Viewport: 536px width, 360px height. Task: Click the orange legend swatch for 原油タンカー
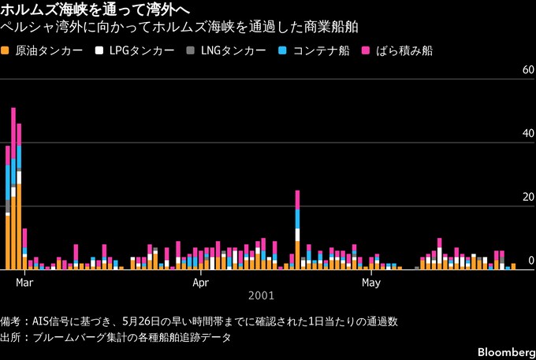click(5, 51)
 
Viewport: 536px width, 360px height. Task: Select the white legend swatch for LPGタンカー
click(99, 51)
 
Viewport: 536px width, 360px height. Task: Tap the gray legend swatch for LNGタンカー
click(191, 51)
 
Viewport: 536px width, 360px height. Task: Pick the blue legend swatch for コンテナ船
click(282, 51)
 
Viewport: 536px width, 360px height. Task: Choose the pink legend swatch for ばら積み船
click(366, 51)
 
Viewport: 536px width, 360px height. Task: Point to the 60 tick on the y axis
click(528, 70)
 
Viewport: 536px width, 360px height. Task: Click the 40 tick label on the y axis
click(528, 134)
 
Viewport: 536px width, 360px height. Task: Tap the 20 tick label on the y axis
click(528, 197)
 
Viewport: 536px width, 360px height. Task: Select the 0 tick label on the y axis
click(531, 261)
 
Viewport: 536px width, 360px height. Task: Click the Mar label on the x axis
click(24, 283)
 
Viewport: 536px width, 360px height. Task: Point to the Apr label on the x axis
click(201, 283)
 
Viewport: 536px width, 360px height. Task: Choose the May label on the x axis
click(371, 283)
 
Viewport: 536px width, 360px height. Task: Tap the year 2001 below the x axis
click(261, 295)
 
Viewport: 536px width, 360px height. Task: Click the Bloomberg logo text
click(507, 352)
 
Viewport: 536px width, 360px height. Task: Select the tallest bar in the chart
click(13, 188)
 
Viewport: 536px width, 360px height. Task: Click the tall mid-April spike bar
click(297, 230)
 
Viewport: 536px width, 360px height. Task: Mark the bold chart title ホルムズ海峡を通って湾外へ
click(95, 10)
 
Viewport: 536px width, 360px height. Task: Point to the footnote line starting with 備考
click(199, 321)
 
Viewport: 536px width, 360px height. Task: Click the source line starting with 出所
click(116, 337)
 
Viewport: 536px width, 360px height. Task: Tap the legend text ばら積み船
click(404, 51)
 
